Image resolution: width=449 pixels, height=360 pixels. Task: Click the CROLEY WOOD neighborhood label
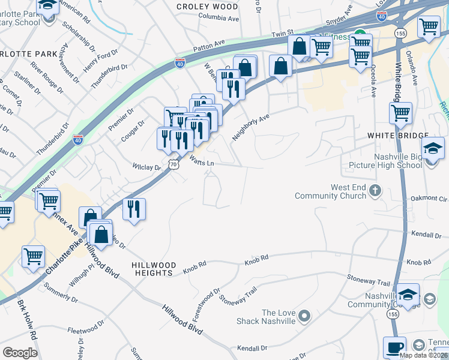207,7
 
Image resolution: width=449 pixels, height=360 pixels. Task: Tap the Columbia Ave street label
218,19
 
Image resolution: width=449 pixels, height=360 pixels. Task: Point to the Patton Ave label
208,47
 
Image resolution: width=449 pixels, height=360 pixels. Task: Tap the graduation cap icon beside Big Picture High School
433,148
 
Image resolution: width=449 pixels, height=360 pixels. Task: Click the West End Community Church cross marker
375,191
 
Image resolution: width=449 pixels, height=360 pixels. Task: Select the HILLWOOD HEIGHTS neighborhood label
154,269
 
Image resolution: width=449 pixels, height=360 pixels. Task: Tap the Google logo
20,353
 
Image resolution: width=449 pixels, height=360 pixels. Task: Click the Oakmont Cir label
427,199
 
